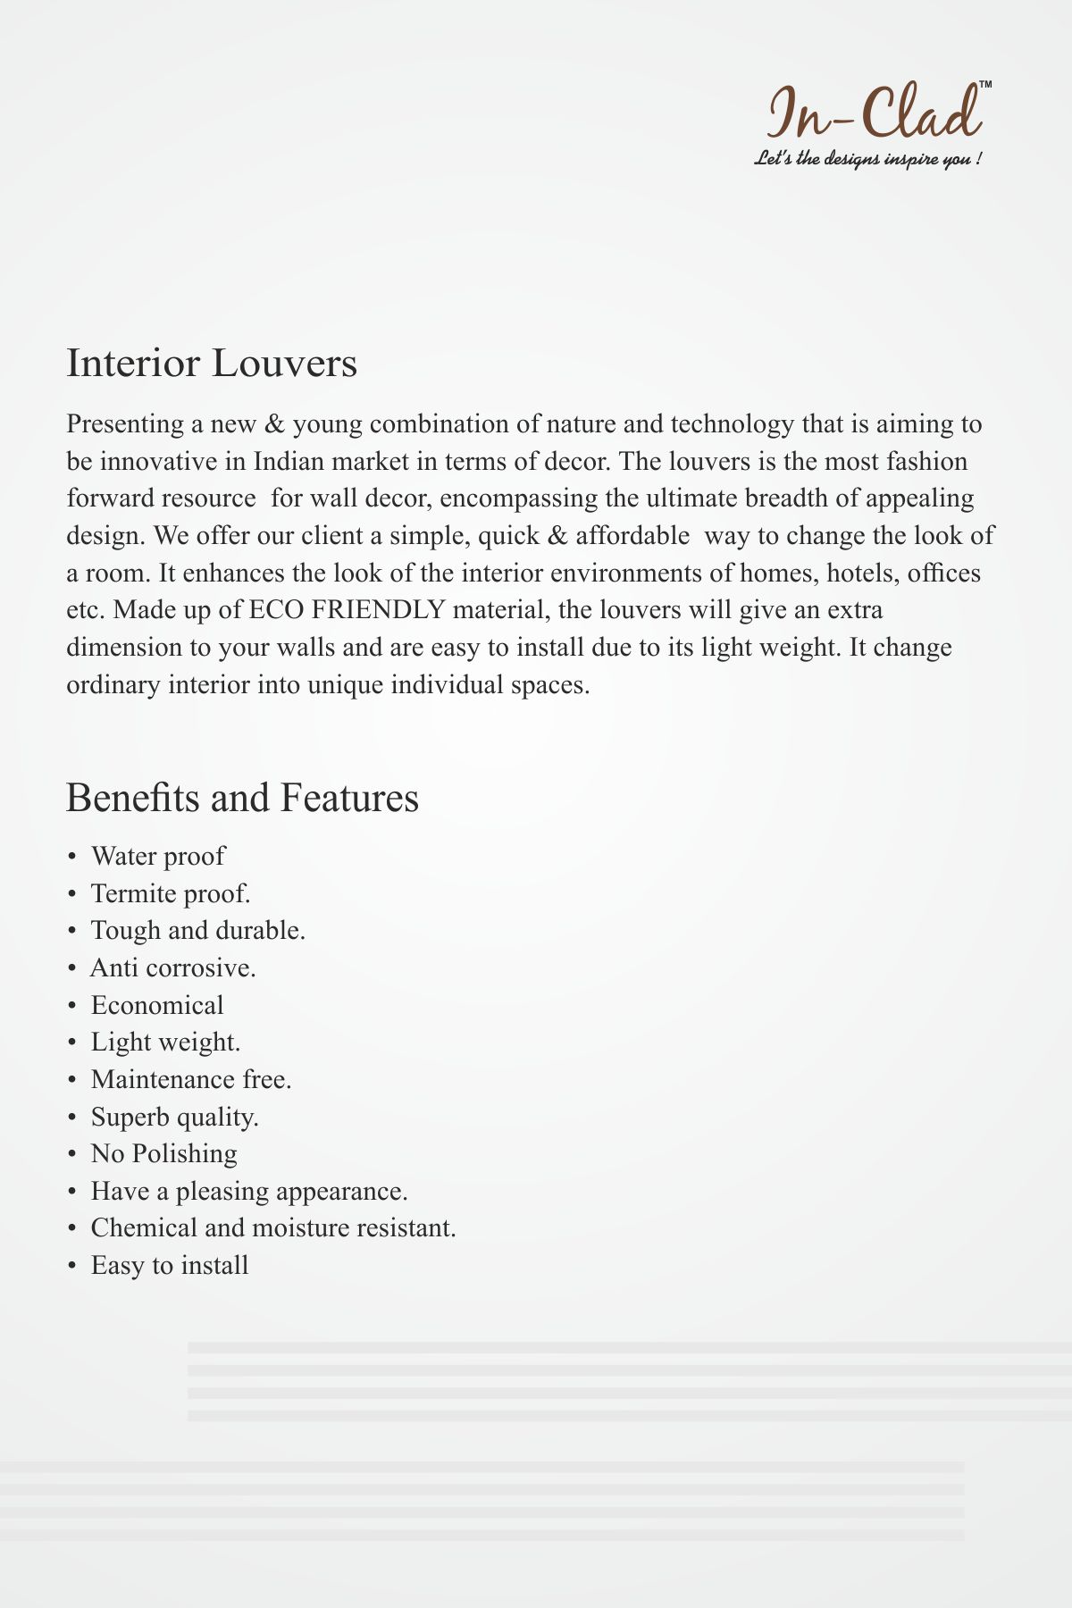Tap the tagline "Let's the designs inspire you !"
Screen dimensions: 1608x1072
coord(868,160)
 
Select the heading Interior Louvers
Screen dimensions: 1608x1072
coord(212,364)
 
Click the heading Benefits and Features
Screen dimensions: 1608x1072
coord(242,797)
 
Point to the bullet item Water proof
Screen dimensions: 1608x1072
coord(157,856)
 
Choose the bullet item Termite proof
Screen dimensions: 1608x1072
coord(170,893)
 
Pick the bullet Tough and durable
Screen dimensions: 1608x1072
coord(197,930)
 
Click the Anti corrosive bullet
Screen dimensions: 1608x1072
coord(173,967)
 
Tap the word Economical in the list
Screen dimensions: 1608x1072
coord(157,1005)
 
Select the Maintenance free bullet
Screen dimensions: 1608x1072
coord(191,1079)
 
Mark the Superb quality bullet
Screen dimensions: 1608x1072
coord(174,1117)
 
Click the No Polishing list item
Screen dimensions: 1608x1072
coord(163,1153)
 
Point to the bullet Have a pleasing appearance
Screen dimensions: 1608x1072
coord(249,1191)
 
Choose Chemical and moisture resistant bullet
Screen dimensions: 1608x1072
coord(273,1227)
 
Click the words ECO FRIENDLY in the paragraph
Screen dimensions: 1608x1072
coord(347,609)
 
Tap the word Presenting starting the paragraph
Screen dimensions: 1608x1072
coord(124,423)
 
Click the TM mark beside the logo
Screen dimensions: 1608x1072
coord(985,84)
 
